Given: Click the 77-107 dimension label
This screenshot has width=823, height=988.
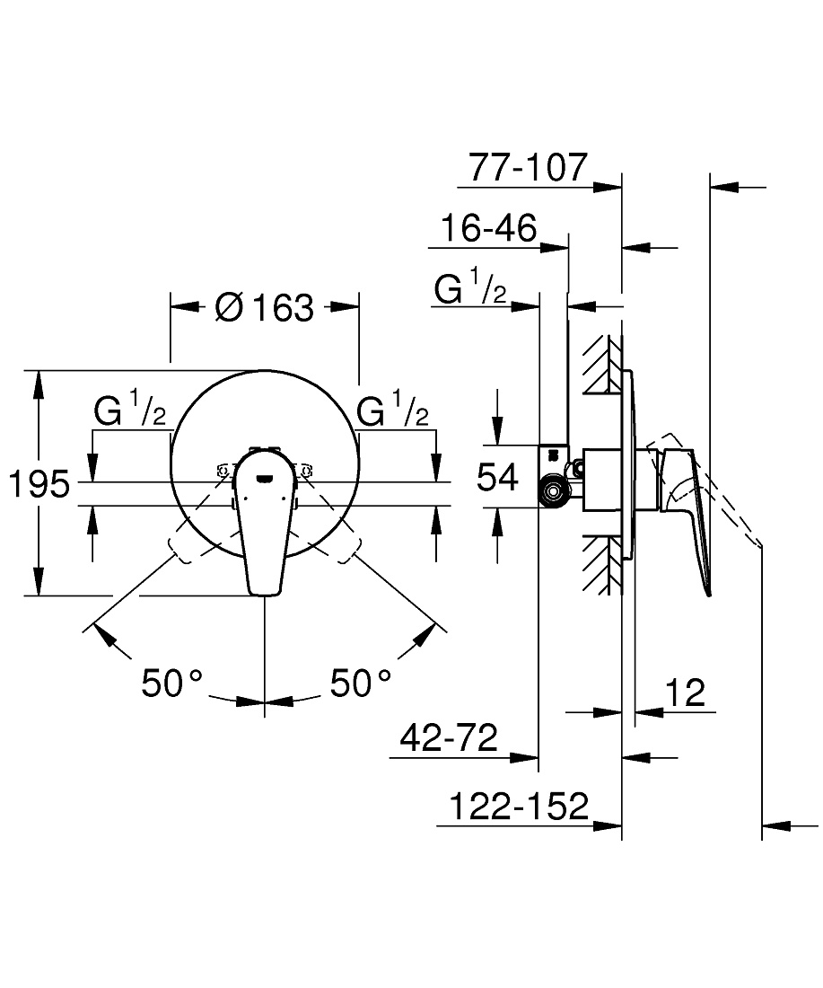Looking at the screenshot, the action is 528,167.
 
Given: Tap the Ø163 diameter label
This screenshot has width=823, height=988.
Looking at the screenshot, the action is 265,307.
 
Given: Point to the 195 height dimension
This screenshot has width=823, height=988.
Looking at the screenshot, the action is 39,484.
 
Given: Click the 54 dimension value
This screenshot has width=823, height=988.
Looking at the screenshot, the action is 497,476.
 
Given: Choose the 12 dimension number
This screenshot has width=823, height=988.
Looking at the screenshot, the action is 685,693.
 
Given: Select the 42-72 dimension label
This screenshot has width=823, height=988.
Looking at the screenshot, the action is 449,737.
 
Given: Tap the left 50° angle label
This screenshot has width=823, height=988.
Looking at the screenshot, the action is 171,683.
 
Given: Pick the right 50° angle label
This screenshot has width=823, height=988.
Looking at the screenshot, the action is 360,683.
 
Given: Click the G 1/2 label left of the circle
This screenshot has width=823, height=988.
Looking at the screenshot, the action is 130,408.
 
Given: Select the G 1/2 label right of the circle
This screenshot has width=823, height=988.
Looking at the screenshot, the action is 392,408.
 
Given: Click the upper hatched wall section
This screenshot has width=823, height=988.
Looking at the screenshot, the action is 600,364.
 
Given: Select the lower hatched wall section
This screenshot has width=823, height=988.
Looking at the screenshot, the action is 600,565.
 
